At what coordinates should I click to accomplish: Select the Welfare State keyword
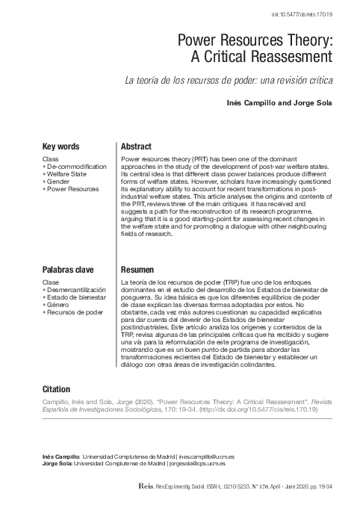tap(68, 175)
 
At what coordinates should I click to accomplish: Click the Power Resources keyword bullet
tap(72, 189)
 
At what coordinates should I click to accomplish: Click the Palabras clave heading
tap(71, 267)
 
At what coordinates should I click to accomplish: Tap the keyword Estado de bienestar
tap(78, 297)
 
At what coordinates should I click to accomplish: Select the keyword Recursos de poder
tap(75, 311)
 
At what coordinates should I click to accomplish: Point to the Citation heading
tap(57, 389)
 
